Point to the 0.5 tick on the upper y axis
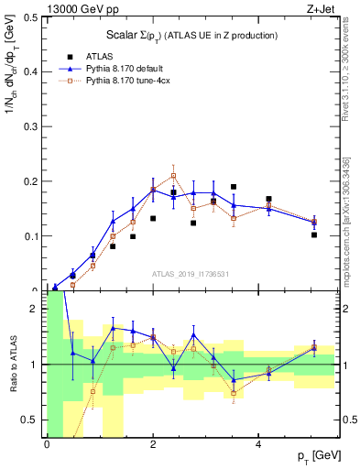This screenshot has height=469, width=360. click(x=30, y=16)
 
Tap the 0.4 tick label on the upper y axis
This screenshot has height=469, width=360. click(x=30, y=71)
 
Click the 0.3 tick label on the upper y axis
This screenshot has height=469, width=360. click(x=30, y=126)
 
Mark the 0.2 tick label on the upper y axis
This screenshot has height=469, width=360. click(x=30, y=181)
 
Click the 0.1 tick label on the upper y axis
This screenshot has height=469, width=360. click(x=30, y=236)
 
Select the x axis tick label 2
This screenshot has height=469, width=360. click(x=152, y=444)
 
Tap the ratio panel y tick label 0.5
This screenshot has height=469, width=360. click(x=30, y=420)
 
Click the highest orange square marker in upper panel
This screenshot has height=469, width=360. click(x=173, y=175)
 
